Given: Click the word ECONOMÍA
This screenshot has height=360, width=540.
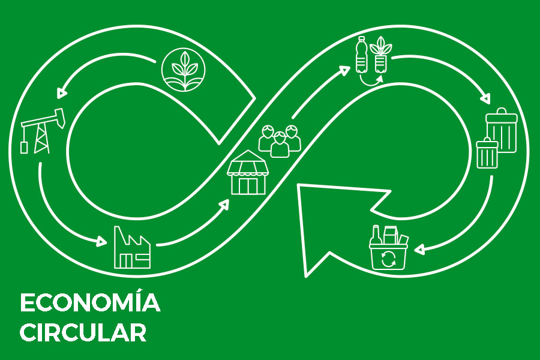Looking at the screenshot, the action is tap(90, 302).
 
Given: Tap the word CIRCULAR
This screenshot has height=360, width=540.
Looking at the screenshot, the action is tap(83, 332).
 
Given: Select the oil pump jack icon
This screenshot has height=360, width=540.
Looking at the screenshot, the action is tap(43, 131).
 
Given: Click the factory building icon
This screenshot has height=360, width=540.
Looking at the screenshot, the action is tap(132, 247).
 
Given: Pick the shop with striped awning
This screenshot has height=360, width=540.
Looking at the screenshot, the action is tap(248, 172).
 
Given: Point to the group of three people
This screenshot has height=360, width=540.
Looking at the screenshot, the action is tap(280, 141).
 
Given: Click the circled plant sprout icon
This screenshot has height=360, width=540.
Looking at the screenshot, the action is tap(184, 69).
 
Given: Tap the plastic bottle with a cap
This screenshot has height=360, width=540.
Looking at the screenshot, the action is tap(362, 55).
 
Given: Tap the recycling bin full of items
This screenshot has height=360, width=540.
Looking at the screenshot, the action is tap(388, 247).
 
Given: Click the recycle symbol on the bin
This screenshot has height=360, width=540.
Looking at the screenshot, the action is tap(388, 259).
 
